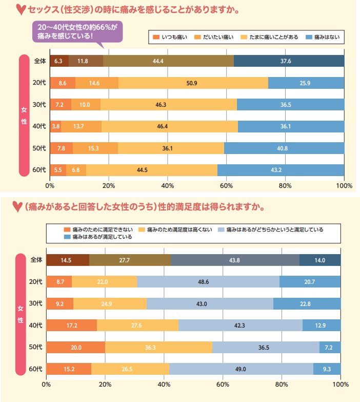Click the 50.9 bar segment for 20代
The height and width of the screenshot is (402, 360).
pyautogui.click(x=193, y=83)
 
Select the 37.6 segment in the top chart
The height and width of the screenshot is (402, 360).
pyautogui.click(x=289, y=61)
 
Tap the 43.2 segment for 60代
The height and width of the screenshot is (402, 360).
pyautogui.click(x=281, y=169)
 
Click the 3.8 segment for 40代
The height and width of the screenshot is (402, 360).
pyautogui.click(x=55, y=126)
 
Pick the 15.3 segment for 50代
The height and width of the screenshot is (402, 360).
pyautogui.click(x=95, y=148)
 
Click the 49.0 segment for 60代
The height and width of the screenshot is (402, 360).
pyautogui.click(x=241, y=369)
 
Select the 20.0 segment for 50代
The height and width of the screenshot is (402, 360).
pyautogui.click(x=75, y=347)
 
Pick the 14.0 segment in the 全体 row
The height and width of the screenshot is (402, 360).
pyautogui.click(x=320, y=260)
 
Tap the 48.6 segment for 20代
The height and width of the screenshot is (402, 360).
pyautogui.click(x=208, y=282)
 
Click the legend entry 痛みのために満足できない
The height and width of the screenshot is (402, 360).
pyautogui.click(x=97, y=229)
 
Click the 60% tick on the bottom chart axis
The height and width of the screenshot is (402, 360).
pyautogui.click(x=223, y=384)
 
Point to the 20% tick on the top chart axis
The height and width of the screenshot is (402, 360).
pyautogui.click(x=109, y=185)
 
